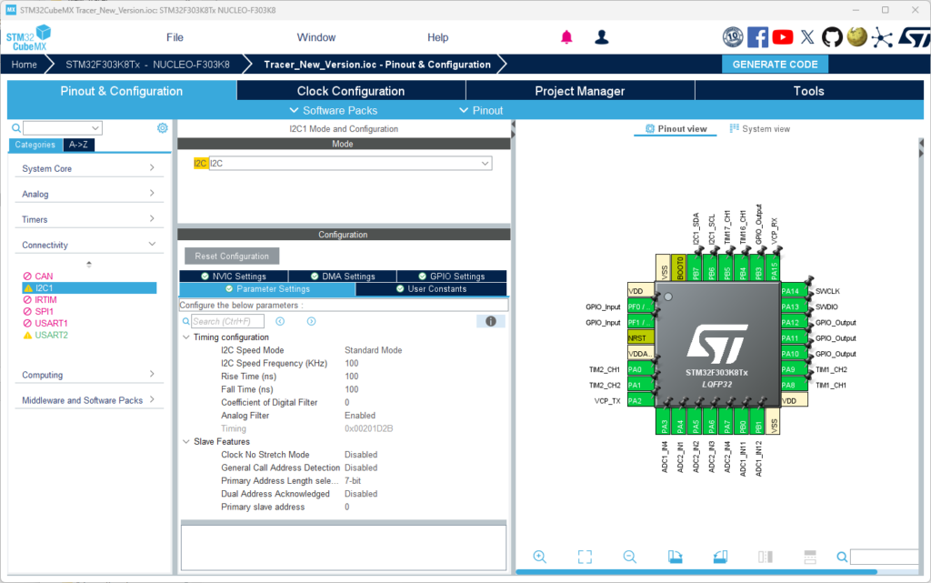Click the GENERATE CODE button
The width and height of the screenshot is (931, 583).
775,64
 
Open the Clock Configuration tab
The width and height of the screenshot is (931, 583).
351,91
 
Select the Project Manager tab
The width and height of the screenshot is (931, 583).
579,91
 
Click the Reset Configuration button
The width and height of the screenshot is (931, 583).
232,256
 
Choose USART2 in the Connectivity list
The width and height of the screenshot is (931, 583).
51,335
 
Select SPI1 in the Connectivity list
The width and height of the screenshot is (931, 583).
44,311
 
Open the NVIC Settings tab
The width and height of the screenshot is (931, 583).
234,276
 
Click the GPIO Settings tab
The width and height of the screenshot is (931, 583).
451,276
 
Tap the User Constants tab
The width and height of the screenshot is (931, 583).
431,288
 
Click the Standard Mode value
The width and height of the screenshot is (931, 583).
373,350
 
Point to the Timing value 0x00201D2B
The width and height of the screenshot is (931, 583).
369,428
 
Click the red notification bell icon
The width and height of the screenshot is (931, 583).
566,37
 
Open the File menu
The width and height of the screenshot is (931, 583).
175,37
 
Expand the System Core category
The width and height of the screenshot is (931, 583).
88,168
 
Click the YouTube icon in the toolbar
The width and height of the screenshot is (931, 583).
783,37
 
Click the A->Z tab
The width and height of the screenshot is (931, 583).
78,145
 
